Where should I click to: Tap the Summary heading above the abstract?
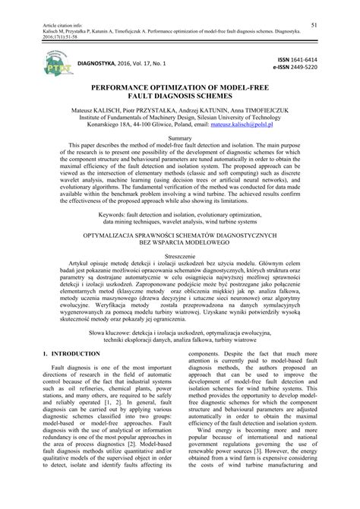coord(179,139)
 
